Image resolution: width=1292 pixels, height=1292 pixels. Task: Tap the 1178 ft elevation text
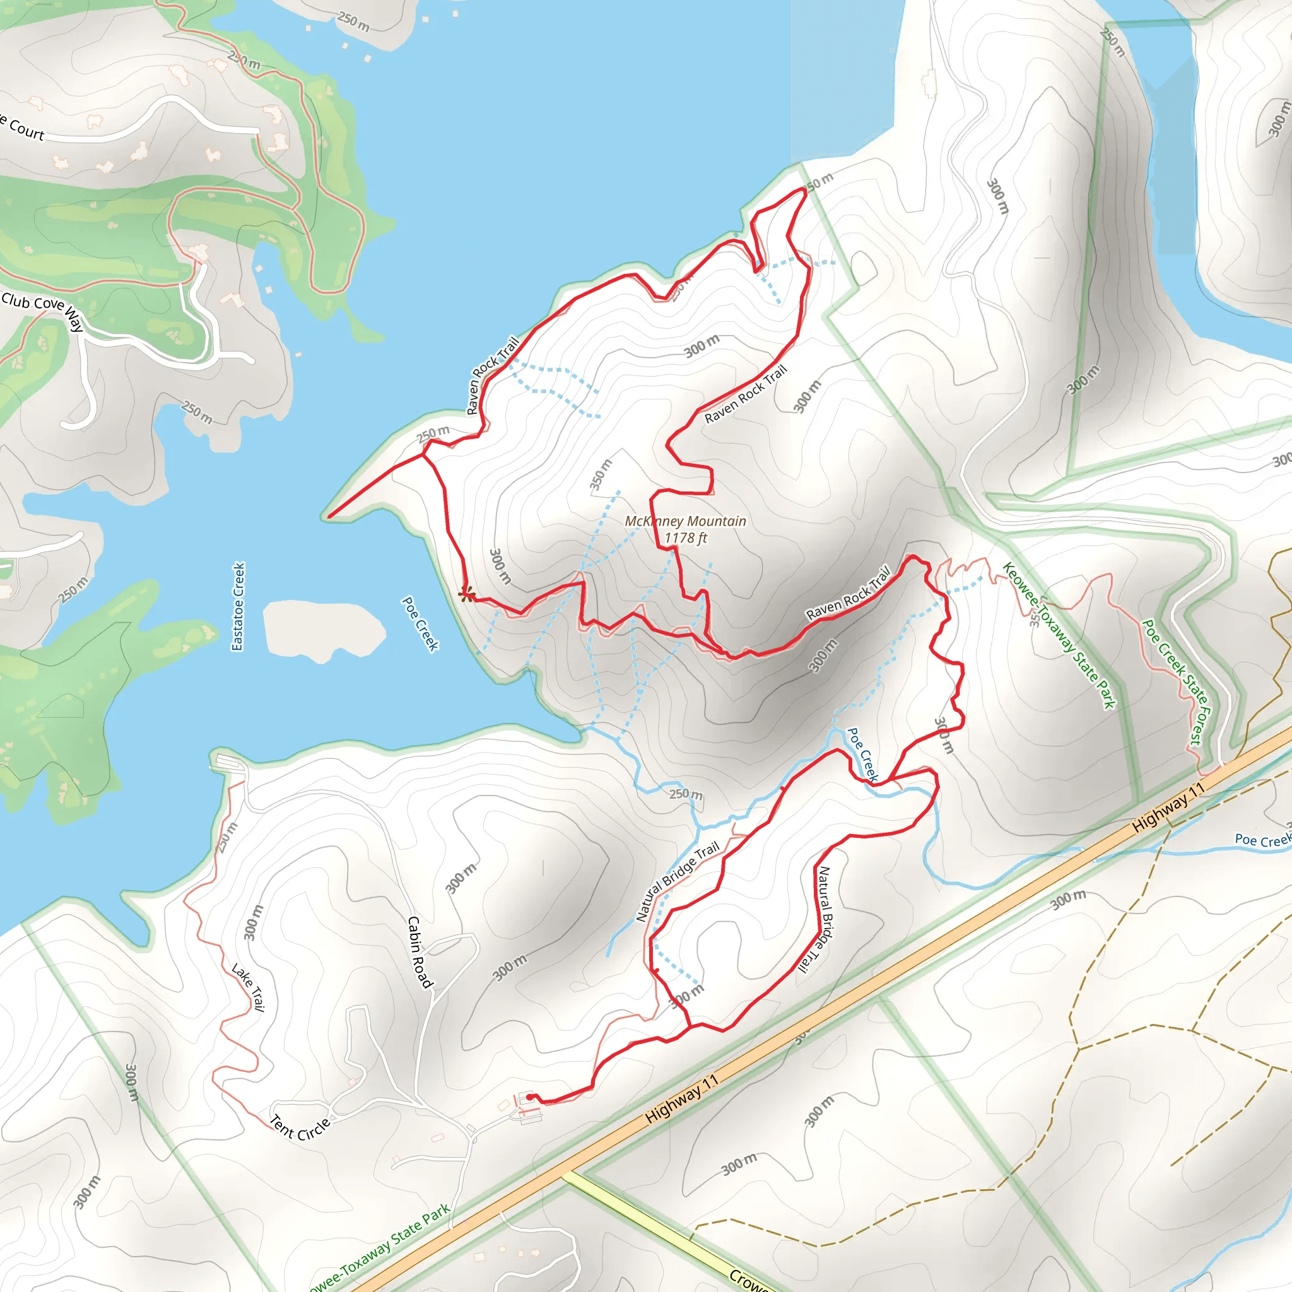[x=686, y=537]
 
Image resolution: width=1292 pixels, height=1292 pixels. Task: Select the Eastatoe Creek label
[x=238, y=606]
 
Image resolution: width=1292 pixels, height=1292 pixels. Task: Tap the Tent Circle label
[x=300, y=1127]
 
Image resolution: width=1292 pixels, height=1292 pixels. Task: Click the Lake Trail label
[x=248, y=987]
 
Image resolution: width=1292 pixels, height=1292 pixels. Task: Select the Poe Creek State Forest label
[x=1177, y=681]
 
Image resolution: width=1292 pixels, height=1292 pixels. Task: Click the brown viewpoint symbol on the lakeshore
[x=466, y=594]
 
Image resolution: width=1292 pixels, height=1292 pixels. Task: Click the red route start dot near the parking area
[x=530, y=1096]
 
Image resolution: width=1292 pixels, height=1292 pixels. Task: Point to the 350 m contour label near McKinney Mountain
[x=601, y=474]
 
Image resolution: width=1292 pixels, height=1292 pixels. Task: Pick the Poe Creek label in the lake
[x=420, y=623]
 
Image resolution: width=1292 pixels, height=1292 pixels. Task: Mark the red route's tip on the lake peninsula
[x=329, y=516]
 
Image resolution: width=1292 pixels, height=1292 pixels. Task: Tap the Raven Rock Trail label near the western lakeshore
[x=492, y=375]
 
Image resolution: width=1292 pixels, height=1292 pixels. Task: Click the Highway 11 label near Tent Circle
[x=681, y=1099]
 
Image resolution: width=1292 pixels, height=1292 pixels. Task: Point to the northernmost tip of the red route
[x=802, y=189]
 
